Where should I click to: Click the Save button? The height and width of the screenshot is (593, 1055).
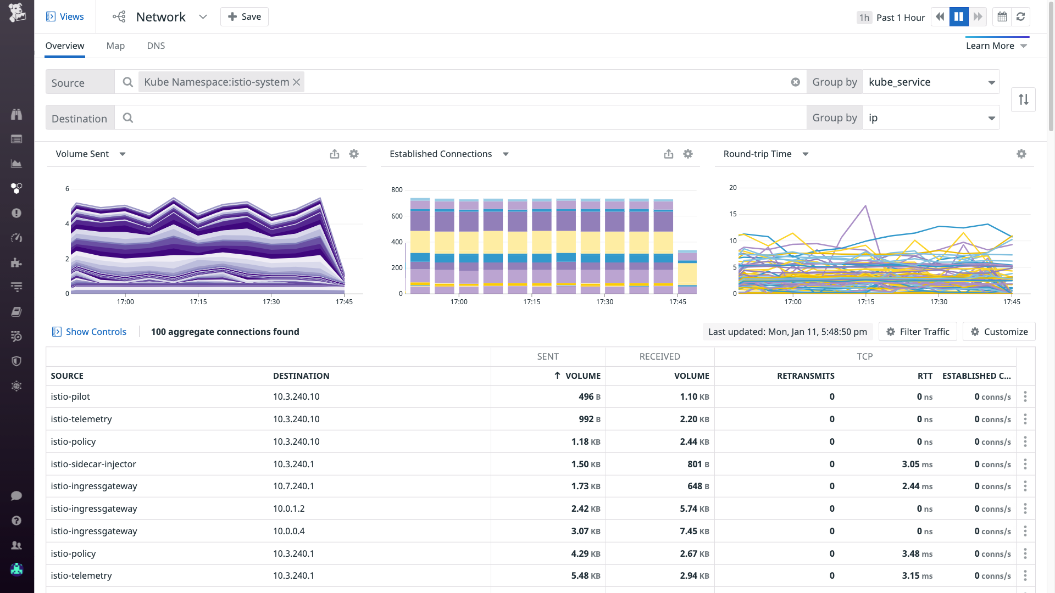[245, 17]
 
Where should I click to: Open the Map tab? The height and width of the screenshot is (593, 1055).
[115, 46]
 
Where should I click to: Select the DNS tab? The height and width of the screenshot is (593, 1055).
[156, 46]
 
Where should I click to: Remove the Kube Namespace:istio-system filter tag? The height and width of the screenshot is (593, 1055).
[297, 82]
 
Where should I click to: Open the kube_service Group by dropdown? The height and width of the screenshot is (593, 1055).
[931, 82]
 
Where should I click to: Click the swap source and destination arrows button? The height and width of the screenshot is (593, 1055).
[1023, 100]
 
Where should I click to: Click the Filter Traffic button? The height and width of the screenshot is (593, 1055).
[918, 332]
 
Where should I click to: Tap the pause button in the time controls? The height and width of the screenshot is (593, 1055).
[959, 17]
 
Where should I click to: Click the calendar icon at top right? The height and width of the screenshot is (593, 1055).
[1002, 17]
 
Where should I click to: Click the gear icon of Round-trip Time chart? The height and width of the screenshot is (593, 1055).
[1021, 154]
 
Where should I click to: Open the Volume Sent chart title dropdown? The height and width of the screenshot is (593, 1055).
[123, 154]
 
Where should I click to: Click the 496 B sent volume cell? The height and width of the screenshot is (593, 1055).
[590, 397]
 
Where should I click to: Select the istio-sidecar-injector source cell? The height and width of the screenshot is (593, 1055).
[93, 464]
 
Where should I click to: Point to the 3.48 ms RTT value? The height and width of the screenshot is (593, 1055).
[917, 554]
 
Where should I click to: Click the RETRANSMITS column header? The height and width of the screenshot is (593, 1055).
[806, 376]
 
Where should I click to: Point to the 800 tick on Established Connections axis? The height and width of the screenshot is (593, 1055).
[397, 190]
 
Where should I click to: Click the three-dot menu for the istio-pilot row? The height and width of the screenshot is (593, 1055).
[1025, 397]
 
